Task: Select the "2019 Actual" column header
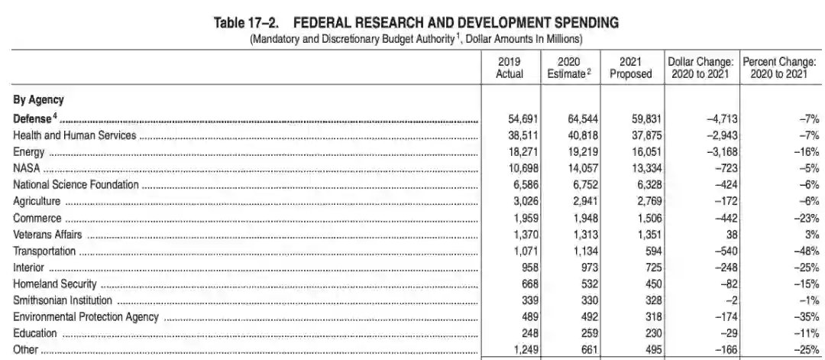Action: pos(510,67)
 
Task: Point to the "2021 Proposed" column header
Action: pos(631,67)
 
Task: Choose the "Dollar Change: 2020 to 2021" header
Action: pos(700,67)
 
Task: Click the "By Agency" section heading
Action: pos(38,99)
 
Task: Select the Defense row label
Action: pos(35,118)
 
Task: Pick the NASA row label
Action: pos(27,168)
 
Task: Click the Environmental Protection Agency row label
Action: pos(86,317)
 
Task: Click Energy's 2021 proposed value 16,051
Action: pos(636,152)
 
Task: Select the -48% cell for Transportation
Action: pos(805,251)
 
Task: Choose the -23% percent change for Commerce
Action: pos(805,218)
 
